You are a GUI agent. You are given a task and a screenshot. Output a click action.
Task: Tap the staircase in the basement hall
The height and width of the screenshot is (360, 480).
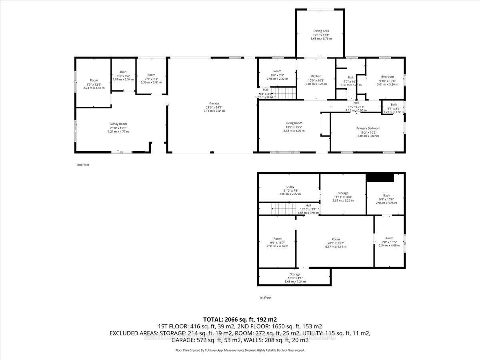[x=280, y=208]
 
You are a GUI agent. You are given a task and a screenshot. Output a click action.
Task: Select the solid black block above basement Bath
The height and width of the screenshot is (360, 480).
[x=380, y=178]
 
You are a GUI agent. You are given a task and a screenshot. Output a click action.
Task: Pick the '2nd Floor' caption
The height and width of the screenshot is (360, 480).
[x=83, y=164]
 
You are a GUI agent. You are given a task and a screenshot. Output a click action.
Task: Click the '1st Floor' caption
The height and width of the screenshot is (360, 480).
[x=265, y=298]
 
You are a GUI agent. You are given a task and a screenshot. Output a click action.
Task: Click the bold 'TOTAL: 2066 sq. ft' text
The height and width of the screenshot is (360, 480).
[x=240, y=319]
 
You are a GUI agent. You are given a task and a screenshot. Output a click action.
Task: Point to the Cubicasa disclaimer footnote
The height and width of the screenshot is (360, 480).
[x=240, y=350]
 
